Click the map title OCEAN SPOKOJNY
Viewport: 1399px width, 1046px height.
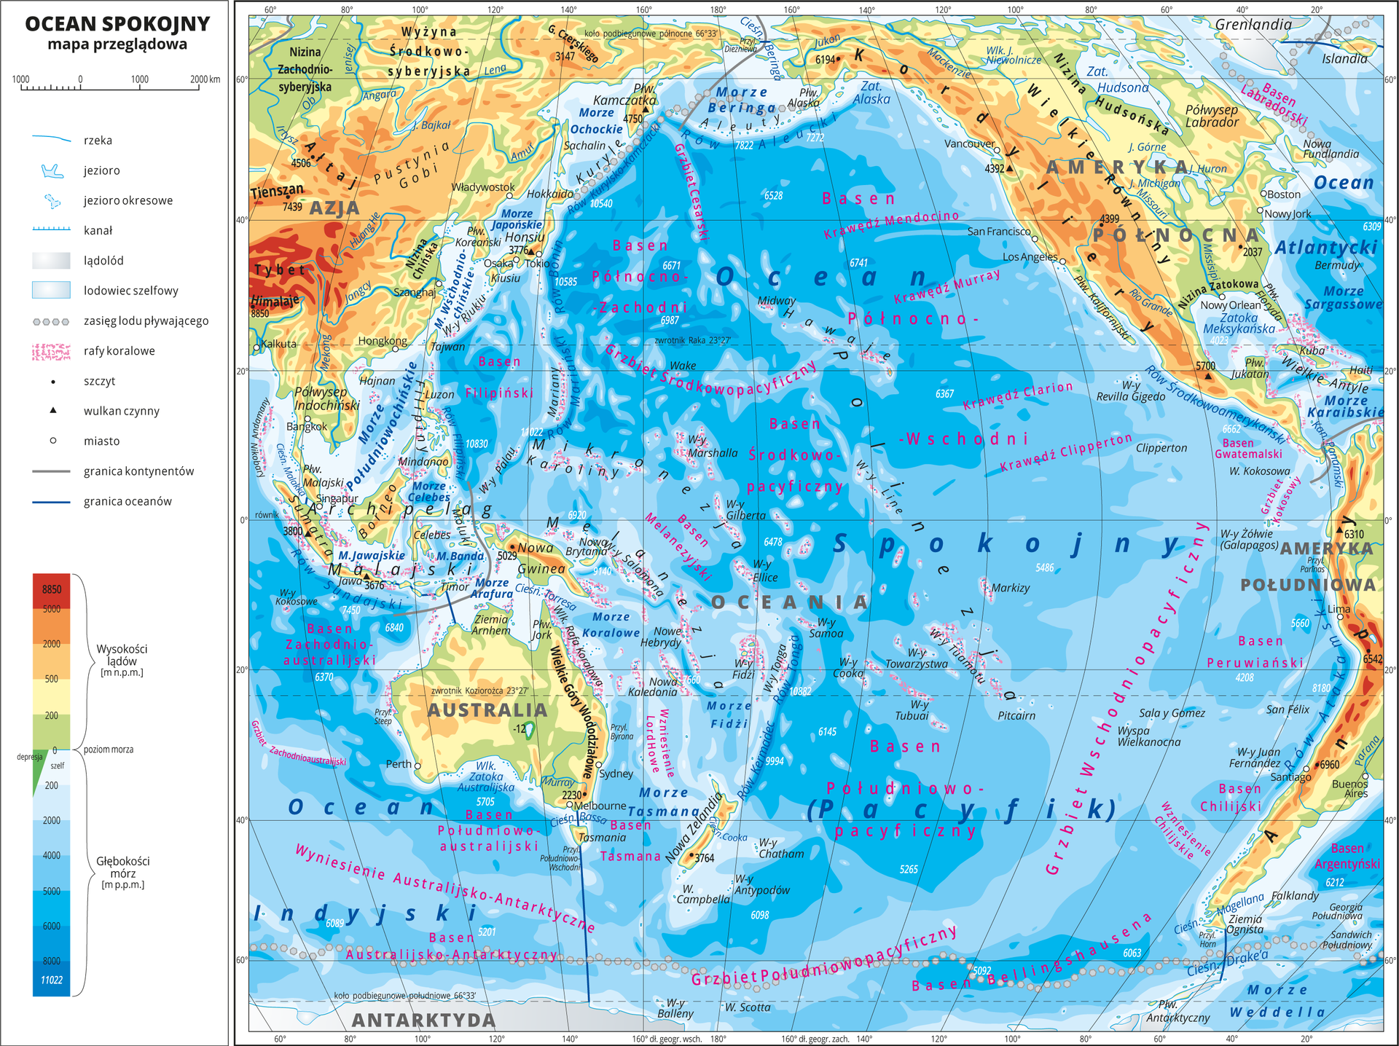click(x=117, y=24)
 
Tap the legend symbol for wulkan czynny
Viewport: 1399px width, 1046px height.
click(x=52, y=411)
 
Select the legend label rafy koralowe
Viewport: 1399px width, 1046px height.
click(x=119, y=351)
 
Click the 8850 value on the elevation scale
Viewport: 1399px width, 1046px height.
click(x=51, y=589)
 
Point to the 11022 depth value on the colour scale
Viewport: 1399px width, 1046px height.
click(x=51, y=980)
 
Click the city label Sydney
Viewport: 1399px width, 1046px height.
click(x=616, y=774)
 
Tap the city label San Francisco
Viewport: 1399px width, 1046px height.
click(x=999, y=232)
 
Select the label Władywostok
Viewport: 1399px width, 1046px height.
click(x=483, y=187)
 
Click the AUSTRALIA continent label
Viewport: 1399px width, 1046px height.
click(x=487, y=710)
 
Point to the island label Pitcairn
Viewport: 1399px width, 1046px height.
click(x=1016, y=716)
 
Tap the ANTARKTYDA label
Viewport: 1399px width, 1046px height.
click(x=423, y=1020)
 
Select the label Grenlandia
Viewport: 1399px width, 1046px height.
click(x=1253, y=25)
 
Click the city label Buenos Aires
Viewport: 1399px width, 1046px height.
click(x=1349, y=788)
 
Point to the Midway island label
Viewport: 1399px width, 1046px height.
click(x=776, y=301)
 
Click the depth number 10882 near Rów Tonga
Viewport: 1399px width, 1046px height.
click(x=799, y=691)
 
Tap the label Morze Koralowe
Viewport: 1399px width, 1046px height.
click(x=611, y=625)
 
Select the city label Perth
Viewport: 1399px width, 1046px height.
click(x=399, y=764)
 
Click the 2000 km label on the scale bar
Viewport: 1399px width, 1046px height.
click(x=205, y=79)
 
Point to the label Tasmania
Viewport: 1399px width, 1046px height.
click(x=602, y=838)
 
